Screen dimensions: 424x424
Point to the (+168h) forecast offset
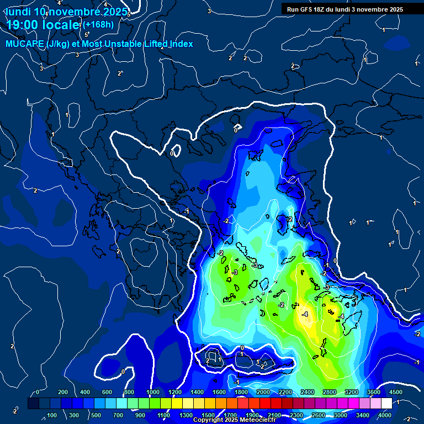[x=98, y=24]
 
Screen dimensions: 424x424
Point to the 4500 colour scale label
[x=396, y=392]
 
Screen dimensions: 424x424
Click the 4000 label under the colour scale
[x=385, y=415]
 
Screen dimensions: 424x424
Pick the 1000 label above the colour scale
[x=153, y=392]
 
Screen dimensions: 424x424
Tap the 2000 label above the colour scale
[x=263, y=392]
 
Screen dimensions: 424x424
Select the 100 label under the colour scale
[x=52, y=415]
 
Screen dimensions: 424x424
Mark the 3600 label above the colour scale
[x=374, y=392]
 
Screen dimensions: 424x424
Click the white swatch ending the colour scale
[x=386, y=404]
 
